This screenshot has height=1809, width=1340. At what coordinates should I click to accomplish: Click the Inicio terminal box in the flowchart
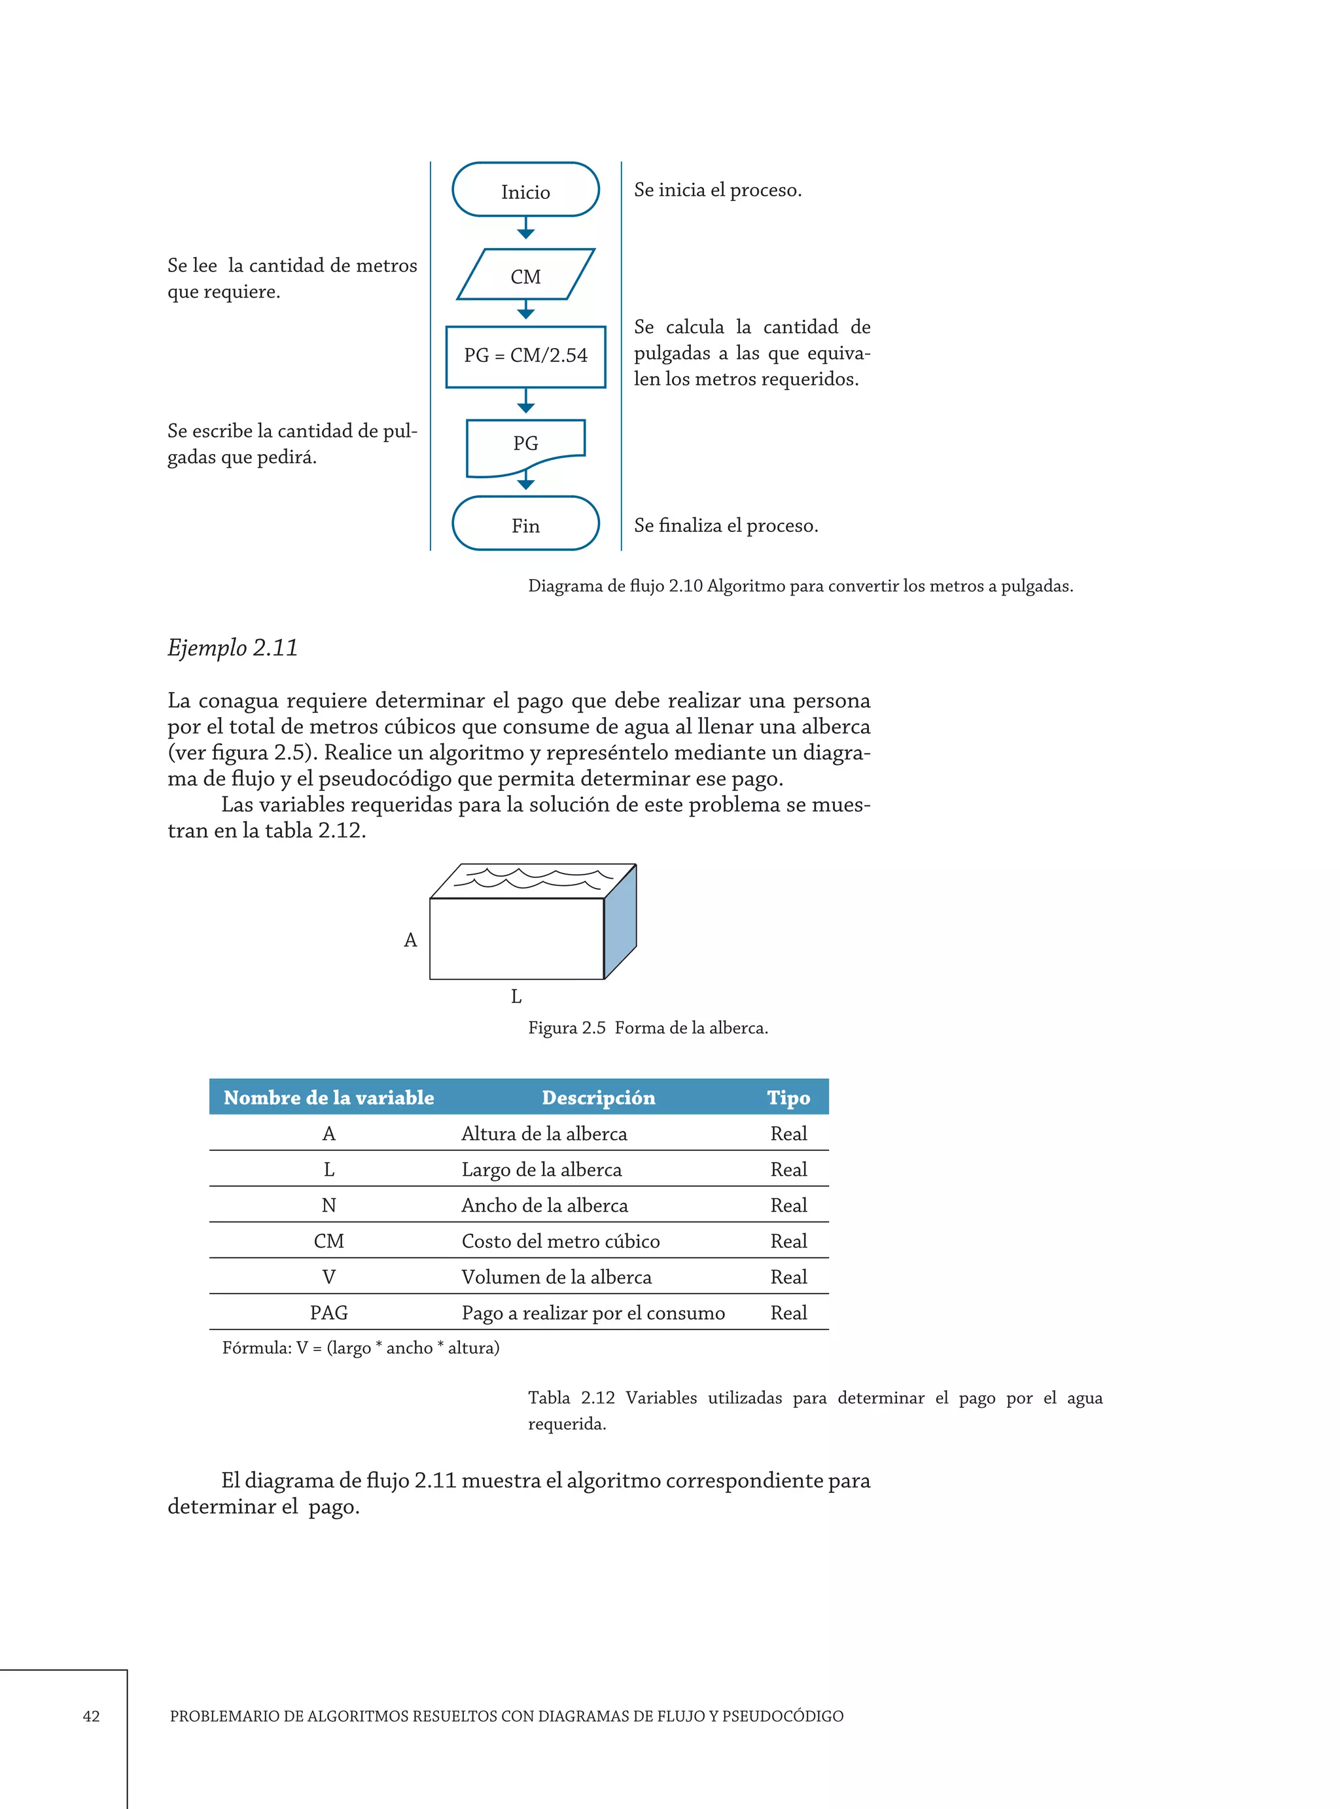coord(525,190)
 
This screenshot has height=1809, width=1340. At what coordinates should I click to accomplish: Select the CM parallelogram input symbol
coord(525,275)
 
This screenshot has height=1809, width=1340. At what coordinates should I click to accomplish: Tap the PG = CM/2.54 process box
coord(525,356)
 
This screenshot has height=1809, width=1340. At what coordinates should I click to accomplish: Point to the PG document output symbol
coord(525,444)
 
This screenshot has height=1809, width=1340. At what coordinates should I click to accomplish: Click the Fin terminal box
coord(525,524)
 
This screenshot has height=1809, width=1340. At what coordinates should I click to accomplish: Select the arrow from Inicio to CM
coord(525,228)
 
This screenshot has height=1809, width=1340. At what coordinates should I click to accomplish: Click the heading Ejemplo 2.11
coord(232,647)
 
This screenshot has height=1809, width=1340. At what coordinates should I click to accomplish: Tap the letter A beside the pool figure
coord(410,940)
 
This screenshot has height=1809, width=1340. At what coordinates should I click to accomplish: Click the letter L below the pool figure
coord(516,996)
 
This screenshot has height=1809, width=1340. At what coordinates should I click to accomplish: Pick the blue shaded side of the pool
coord(620,922)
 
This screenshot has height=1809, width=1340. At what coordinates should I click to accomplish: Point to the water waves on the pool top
coord(531,877)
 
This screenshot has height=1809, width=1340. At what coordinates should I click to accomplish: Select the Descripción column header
coord(598,1097)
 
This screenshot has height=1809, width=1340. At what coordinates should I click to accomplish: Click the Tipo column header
coord(788,1097)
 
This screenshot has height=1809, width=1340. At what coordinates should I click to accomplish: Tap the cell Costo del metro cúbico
coord(561,1240)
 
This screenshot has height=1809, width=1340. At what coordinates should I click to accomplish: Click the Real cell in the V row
coord(788,1276)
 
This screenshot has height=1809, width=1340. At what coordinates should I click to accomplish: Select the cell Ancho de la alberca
coord(544,1205)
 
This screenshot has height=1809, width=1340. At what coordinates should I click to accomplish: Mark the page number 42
coord(91,1715)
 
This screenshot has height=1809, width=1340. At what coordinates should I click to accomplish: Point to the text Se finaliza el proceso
coord(725,525)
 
